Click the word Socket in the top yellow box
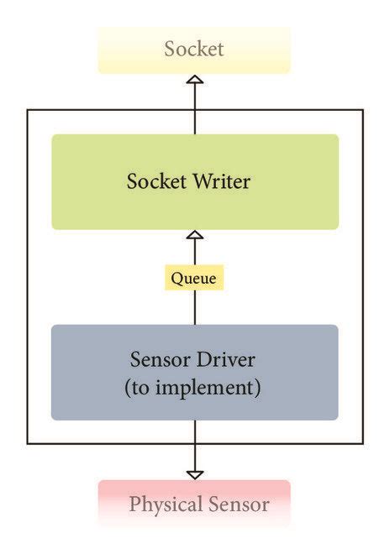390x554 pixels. point(194,49)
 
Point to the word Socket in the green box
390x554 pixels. point(155,181)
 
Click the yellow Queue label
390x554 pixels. point(194,278)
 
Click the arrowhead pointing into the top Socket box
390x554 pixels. point(194,80)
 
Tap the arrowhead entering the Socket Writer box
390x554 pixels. point(194,236)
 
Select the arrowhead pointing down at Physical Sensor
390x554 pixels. point(194,473)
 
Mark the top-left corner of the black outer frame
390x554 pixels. point(28,110)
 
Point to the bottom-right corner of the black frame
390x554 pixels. point(363,443)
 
